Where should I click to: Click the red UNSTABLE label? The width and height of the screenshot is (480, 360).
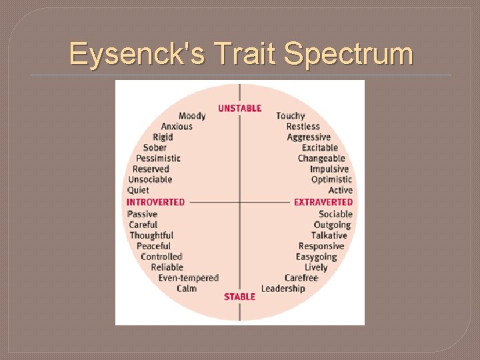(239, 108)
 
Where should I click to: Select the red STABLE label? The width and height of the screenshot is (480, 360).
(239, 296)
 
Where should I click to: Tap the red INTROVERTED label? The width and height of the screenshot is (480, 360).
(155, 201)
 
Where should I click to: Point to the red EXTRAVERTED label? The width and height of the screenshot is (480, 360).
(323, 201)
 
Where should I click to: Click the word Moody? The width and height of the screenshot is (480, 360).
(192, 116)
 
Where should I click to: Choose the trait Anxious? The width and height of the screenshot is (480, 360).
(177, 127)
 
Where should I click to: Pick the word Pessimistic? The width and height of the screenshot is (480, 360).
(158, 159)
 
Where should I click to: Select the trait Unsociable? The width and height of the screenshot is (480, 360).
(150, 180)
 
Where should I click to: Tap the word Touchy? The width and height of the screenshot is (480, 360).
(290, 116)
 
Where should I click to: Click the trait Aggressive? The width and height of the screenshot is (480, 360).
(309, 137)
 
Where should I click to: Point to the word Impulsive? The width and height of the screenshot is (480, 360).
(329, 169)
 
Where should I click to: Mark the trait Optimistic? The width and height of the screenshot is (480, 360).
(331, 180)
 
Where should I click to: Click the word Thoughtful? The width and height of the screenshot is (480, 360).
(151, 235)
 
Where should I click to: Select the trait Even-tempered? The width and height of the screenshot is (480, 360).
(188, 278)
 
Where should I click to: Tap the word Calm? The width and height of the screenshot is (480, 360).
(187, 289)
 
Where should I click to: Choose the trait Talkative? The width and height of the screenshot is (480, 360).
(329, 235)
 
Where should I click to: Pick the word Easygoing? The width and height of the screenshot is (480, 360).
(317, 257)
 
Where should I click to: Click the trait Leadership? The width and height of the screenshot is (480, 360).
(283, 289)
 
